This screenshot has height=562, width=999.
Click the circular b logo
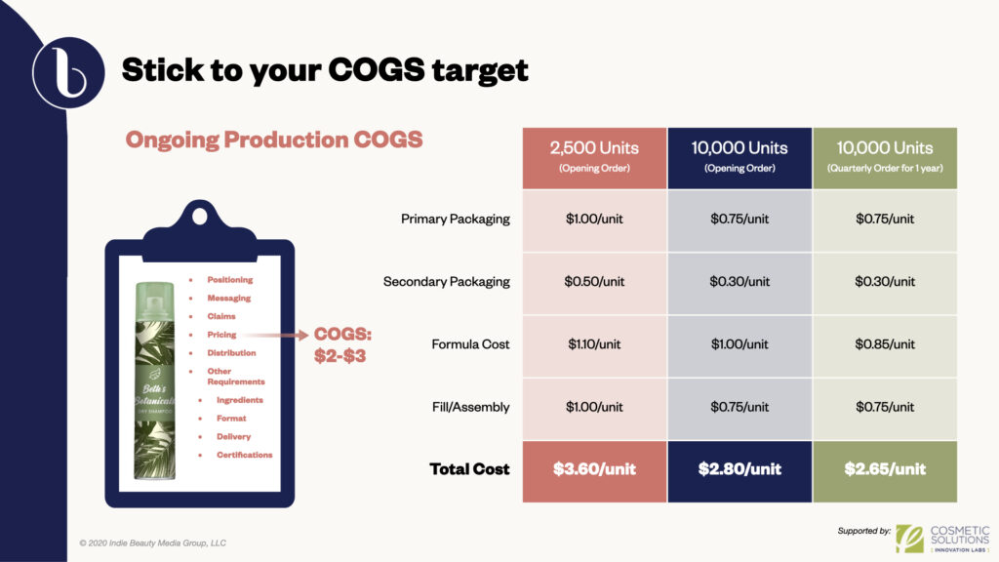pyautogui.click(x=69, y=72)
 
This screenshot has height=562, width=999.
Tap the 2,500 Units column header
pyautogui.click(x=594, y=158)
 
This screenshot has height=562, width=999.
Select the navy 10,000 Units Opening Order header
pyautogui.click(x=739, y=158)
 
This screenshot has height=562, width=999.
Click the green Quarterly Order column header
pyautogui.click(x=885, y=158)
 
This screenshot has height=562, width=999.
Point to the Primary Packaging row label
pyautogui.click(x=455, y=220)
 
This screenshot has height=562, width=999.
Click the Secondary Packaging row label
pyautogui.click(x=446, y=282)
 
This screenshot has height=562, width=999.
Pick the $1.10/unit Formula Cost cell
pyautogui.click(x=594, y=344)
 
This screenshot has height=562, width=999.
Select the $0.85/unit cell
pyautogui.click(x=885, y=344)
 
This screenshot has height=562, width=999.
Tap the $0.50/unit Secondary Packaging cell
pyautogui.click(x=594, y=282)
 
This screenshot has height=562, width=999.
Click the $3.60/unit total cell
pyautogui.click(x=594, y=470)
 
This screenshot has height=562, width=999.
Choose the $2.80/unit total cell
pyautogui.click(x=739, y=470)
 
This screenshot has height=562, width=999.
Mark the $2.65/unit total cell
pyautogui.click(x=885, y=470)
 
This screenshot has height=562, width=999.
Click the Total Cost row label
pyautogui.click(x=469, y=469)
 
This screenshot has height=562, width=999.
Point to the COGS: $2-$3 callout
pyautogui.click(x=342, y=344)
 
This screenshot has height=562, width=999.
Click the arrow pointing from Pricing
pyautogui.click(x=275, y=335)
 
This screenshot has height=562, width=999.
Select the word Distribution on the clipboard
pyautogui.click(x=231, y=353)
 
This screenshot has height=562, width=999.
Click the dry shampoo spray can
pyautogui.click(x=154, y=381)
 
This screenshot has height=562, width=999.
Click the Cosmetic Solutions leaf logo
pyautogui.click(x=909, y=539)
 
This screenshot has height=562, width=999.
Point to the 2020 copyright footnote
pyautogui.click(x=153, y=542)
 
